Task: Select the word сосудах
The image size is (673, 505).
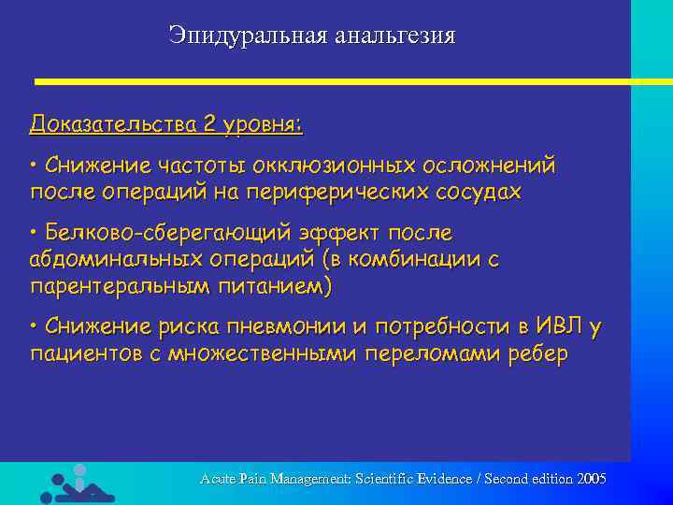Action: click(x=482, y=192)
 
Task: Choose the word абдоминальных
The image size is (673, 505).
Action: click(x=121, y=258)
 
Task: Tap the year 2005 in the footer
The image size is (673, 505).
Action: click(x=592, y=479)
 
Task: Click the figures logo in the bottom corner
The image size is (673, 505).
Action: click(x=77, y=483)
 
